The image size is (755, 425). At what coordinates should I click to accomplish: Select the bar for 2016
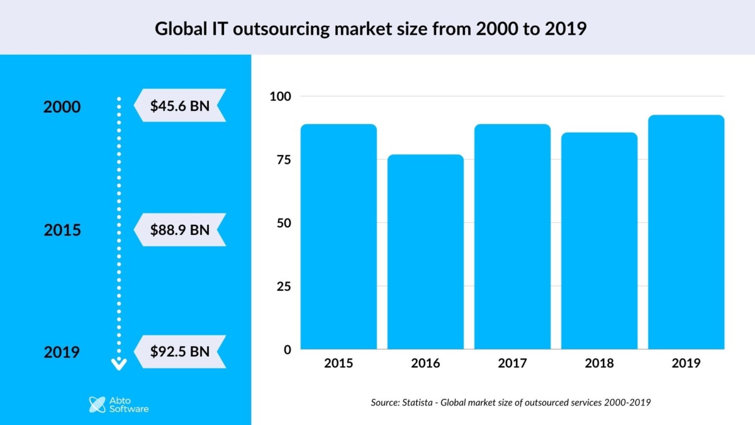pos(425,252)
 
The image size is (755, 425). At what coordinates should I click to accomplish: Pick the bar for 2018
pos(599,241)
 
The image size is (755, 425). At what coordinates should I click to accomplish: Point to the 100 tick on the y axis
pos(281,96)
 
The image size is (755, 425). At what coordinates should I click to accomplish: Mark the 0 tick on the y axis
pos(288,349)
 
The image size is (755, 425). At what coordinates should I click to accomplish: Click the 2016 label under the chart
pos(425,363)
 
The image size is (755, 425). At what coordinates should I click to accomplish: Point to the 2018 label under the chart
pos(599,363)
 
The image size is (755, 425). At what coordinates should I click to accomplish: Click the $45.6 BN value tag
pos(180,105)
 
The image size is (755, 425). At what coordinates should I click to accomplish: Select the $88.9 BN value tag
pos(180,229)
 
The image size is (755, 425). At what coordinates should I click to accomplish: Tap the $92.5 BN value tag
pos(180,351)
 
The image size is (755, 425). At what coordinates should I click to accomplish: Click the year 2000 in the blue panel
pos(62,107)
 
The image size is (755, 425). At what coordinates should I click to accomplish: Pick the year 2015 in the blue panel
pos(62,230)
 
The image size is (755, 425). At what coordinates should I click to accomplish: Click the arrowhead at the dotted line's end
pos(119,363)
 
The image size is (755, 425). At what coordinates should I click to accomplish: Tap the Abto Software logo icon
pos(97,404)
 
